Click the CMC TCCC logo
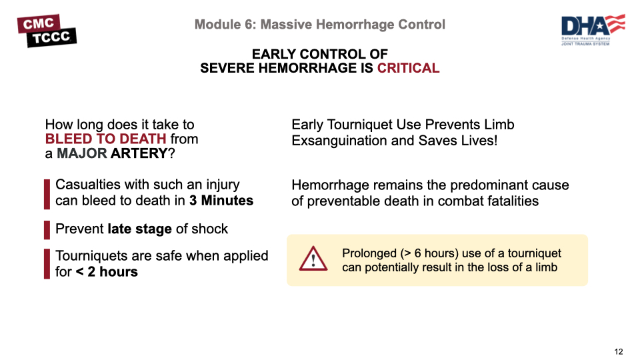click(x=47, y=31)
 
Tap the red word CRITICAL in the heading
click(x=408, y=68)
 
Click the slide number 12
click(x=619, y=351)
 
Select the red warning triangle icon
click(x=313, y=259)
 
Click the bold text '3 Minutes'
click(x=221, y=201)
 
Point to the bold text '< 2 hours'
click(x=107, y=272)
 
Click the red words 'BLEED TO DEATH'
click(x=105, y=139)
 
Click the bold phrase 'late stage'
click(x=139, y=229)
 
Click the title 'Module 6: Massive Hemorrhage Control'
click(x=320, y=25)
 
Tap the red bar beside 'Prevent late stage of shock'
click(x=47, y=229)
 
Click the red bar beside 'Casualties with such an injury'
click(x=47, y=193)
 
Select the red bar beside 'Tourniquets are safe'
click(x=47, y=263)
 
